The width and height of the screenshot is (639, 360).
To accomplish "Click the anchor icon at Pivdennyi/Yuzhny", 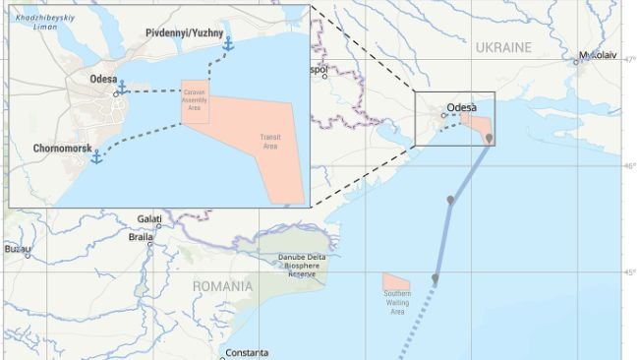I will point(228,44).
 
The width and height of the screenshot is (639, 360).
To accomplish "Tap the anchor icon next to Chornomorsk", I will point(96,156).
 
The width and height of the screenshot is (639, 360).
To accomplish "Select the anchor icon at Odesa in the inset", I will point(122,89).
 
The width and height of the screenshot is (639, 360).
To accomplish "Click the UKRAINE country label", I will point(502,47).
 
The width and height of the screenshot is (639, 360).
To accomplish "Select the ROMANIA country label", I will point(222,287).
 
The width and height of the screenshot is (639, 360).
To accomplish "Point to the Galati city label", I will point(149,218).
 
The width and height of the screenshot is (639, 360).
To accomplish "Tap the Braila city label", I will point(142,237).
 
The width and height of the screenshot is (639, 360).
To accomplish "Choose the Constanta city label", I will point(246,353).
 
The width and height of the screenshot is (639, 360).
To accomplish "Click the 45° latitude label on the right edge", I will point(630,271).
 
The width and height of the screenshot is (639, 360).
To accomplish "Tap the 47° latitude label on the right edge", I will point(630,60).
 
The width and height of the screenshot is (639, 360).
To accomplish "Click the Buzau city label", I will point(17,250).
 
